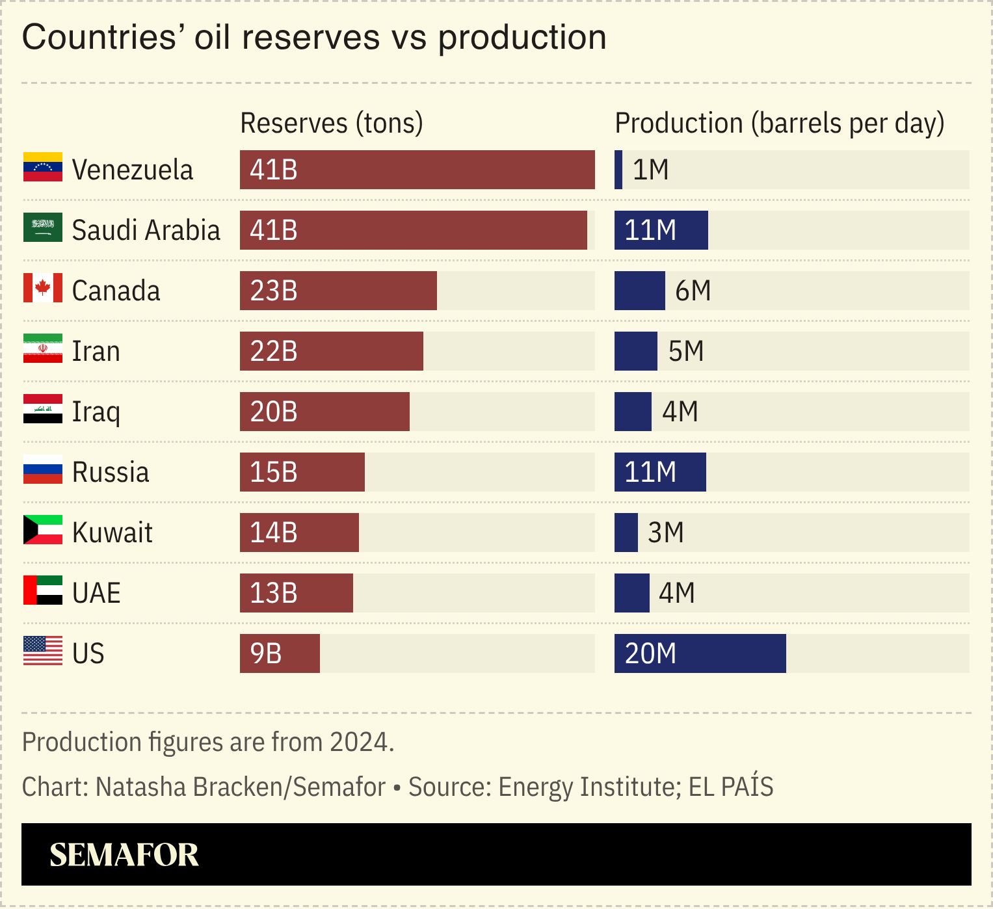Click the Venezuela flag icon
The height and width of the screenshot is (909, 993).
pyautogui.click(x=43, y=167)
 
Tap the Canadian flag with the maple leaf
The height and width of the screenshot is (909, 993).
pyautogui.click(x=43, y=288)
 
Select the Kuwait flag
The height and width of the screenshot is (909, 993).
pyautogui.click(x=43, y=530)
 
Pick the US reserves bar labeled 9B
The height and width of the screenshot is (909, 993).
pyautogui.click(x=280, y=653)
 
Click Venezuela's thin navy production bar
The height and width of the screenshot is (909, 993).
pyautogui.click(x=618, y=170)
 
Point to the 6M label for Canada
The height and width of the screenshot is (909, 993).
pyautogui.click(x=693, y=291)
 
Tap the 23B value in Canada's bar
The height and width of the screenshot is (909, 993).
pyautogui.click(x=274, y=291)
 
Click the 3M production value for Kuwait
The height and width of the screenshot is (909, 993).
pyautogui.click(x=666, y=533)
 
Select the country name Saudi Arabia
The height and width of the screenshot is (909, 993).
pyautogui.click(x=146, y=230)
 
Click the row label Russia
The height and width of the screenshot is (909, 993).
pyautogui.click(x=111, y=472)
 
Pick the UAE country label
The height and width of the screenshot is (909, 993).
pyautogui.click(x=96, y=593)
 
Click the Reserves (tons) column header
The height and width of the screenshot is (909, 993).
pyautogui.click(x=332, y=123)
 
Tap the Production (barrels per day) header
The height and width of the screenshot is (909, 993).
pyautogui.click(x=779, y=123)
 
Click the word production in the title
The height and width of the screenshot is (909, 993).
pyautogui.click(x=522, y=37)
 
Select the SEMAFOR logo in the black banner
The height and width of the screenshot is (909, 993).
pyautogui.click(x=124, y=854)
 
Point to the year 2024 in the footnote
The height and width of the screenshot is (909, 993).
pyautogui.click(x=360, y=742)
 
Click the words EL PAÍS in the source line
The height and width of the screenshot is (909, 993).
pyautogui.click(x=731, y=787)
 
